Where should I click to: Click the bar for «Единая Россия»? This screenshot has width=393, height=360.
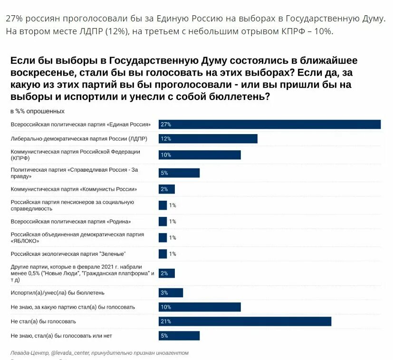point(269,124)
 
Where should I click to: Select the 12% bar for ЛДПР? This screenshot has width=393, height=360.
point(208,138)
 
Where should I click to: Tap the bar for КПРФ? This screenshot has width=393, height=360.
point(200,155)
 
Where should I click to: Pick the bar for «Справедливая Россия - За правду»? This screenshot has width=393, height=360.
point(179,173)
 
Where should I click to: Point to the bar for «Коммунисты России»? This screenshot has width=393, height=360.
point(167,189)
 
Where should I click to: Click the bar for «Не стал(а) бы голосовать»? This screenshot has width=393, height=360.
point(245,321)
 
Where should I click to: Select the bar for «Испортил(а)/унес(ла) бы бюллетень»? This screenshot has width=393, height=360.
point(171,292)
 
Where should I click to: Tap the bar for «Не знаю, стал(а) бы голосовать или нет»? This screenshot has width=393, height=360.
point(179,336)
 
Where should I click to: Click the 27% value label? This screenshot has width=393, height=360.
point(165,124)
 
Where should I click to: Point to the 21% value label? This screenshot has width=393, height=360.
point(165,321)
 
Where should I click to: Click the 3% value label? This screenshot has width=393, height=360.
point(164,292)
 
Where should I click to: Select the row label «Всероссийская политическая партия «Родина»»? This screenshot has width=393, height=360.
point(70,222)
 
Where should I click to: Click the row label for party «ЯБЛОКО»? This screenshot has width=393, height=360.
point(77,238)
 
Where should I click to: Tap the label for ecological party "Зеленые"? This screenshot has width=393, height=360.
point(68,254)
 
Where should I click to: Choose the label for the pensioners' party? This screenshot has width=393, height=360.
point(72,205)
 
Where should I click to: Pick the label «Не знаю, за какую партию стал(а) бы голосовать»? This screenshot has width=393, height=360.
point(73,307)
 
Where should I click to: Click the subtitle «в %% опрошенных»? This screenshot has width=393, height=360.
point(37,111)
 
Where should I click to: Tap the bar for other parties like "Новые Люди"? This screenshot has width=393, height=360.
point(167,273)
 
